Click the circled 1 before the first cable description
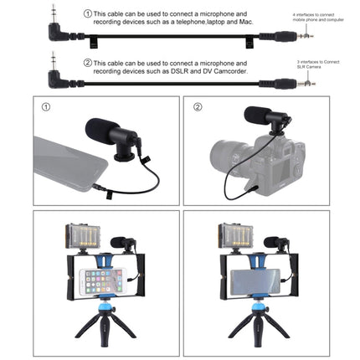click(x=87, y=14)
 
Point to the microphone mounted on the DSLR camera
click(x=258, y=118)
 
